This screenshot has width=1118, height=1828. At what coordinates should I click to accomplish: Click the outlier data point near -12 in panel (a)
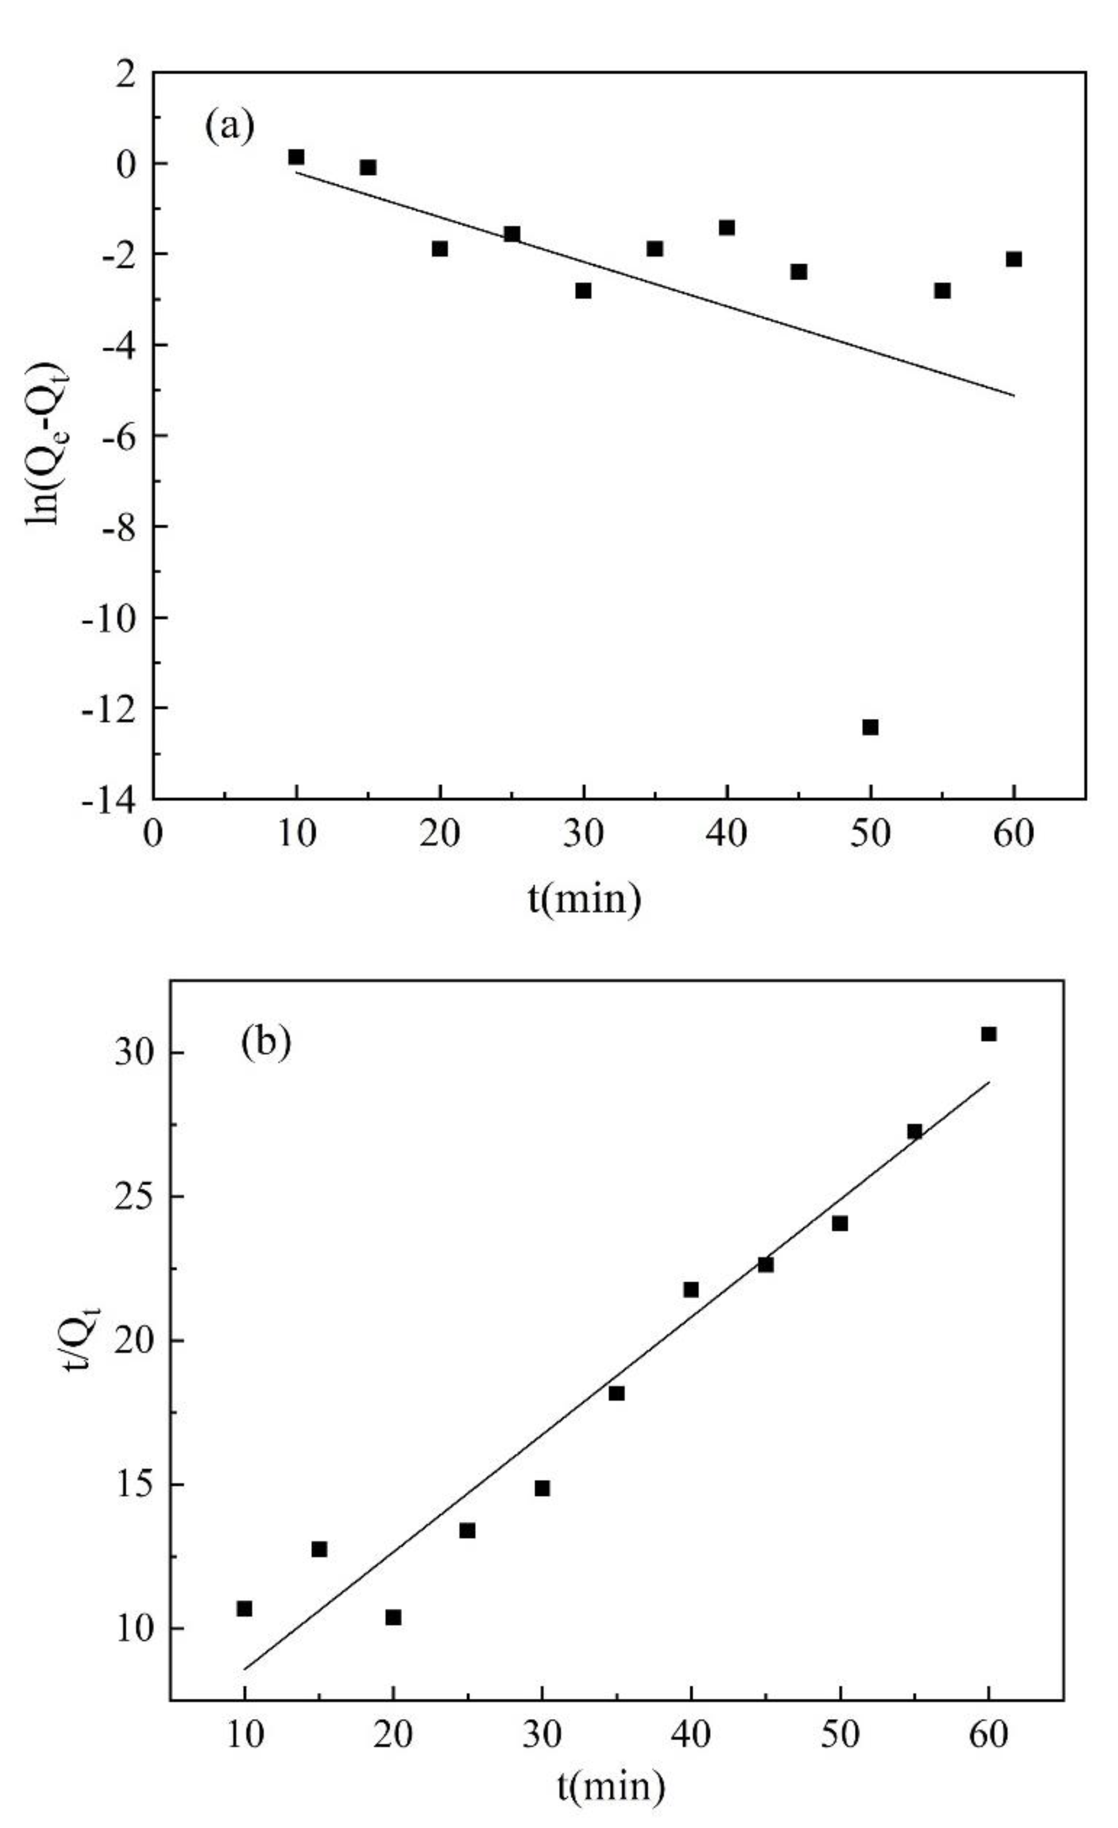[x=870, y=727]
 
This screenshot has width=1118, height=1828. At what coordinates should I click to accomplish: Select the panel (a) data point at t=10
[x=296, y=156]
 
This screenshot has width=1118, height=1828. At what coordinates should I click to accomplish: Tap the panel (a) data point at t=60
[x=1013, y=259]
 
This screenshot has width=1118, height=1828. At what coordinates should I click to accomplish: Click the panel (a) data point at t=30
[x=583, y=290]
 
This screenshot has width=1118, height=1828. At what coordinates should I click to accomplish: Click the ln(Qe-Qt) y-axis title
[x=45, y=443]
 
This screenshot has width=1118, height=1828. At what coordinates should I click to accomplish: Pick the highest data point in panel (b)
[x=988, y=1034]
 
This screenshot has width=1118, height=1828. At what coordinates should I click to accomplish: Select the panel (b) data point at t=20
[x=393, y=1617]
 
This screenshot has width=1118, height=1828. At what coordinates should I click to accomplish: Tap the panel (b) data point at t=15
[x=319, y=1549]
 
